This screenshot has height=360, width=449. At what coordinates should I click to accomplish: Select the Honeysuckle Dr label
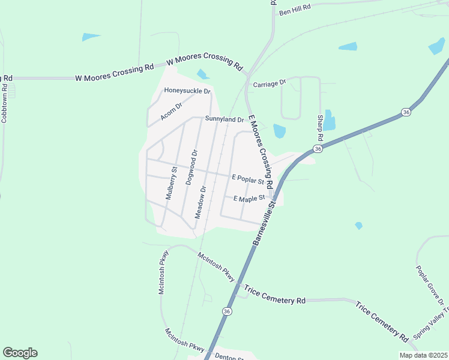187,91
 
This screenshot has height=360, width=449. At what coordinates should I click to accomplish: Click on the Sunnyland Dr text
224,119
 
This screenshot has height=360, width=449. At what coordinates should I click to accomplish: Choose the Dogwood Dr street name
190,167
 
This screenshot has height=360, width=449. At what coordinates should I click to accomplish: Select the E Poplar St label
248,179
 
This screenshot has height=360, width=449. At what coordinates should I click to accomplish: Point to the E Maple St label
249,198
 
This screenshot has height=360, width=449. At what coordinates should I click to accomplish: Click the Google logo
20,353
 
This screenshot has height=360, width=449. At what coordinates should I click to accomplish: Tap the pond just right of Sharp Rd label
330,119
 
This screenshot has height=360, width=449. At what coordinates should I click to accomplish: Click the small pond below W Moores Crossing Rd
203,74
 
